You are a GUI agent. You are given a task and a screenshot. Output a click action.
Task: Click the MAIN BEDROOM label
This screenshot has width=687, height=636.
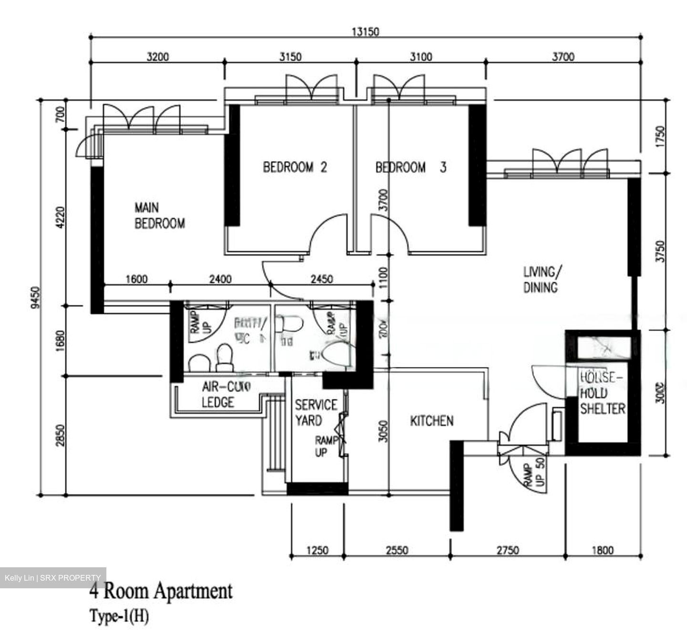coord(159,216)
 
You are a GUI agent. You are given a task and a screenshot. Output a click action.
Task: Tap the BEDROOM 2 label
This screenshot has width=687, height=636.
coord(295,167)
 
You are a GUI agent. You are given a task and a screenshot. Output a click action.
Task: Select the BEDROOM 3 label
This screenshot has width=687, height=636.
coord(411,167)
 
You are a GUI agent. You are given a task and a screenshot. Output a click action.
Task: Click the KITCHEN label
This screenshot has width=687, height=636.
coord(432,421)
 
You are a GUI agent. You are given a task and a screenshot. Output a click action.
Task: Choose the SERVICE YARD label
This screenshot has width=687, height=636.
coord(315,413)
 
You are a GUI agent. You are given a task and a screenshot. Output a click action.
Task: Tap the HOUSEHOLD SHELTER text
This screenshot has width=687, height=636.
coord(603,393)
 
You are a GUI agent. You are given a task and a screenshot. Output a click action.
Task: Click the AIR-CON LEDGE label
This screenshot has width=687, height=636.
coord(219,394)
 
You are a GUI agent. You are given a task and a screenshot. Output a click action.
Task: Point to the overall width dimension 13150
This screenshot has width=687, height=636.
coord(365,32)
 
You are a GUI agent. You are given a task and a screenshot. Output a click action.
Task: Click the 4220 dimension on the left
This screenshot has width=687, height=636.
coord(60,218)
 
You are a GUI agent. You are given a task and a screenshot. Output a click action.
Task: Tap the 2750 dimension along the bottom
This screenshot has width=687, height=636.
coord(507,551)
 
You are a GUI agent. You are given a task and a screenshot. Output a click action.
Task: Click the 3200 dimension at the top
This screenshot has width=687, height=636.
coord(157,57)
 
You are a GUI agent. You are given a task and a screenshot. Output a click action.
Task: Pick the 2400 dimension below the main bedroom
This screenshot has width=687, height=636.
coord(220,279)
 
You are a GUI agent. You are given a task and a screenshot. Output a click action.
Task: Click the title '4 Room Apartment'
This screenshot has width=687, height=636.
coord(161,592)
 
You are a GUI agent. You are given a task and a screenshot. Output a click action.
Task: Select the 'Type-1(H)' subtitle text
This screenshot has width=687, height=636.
coord(119,616)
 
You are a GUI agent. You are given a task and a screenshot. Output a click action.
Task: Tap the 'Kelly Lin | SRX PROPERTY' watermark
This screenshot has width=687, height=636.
coord(53,578)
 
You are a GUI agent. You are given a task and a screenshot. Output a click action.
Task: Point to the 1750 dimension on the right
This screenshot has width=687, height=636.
coord(660,137)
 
